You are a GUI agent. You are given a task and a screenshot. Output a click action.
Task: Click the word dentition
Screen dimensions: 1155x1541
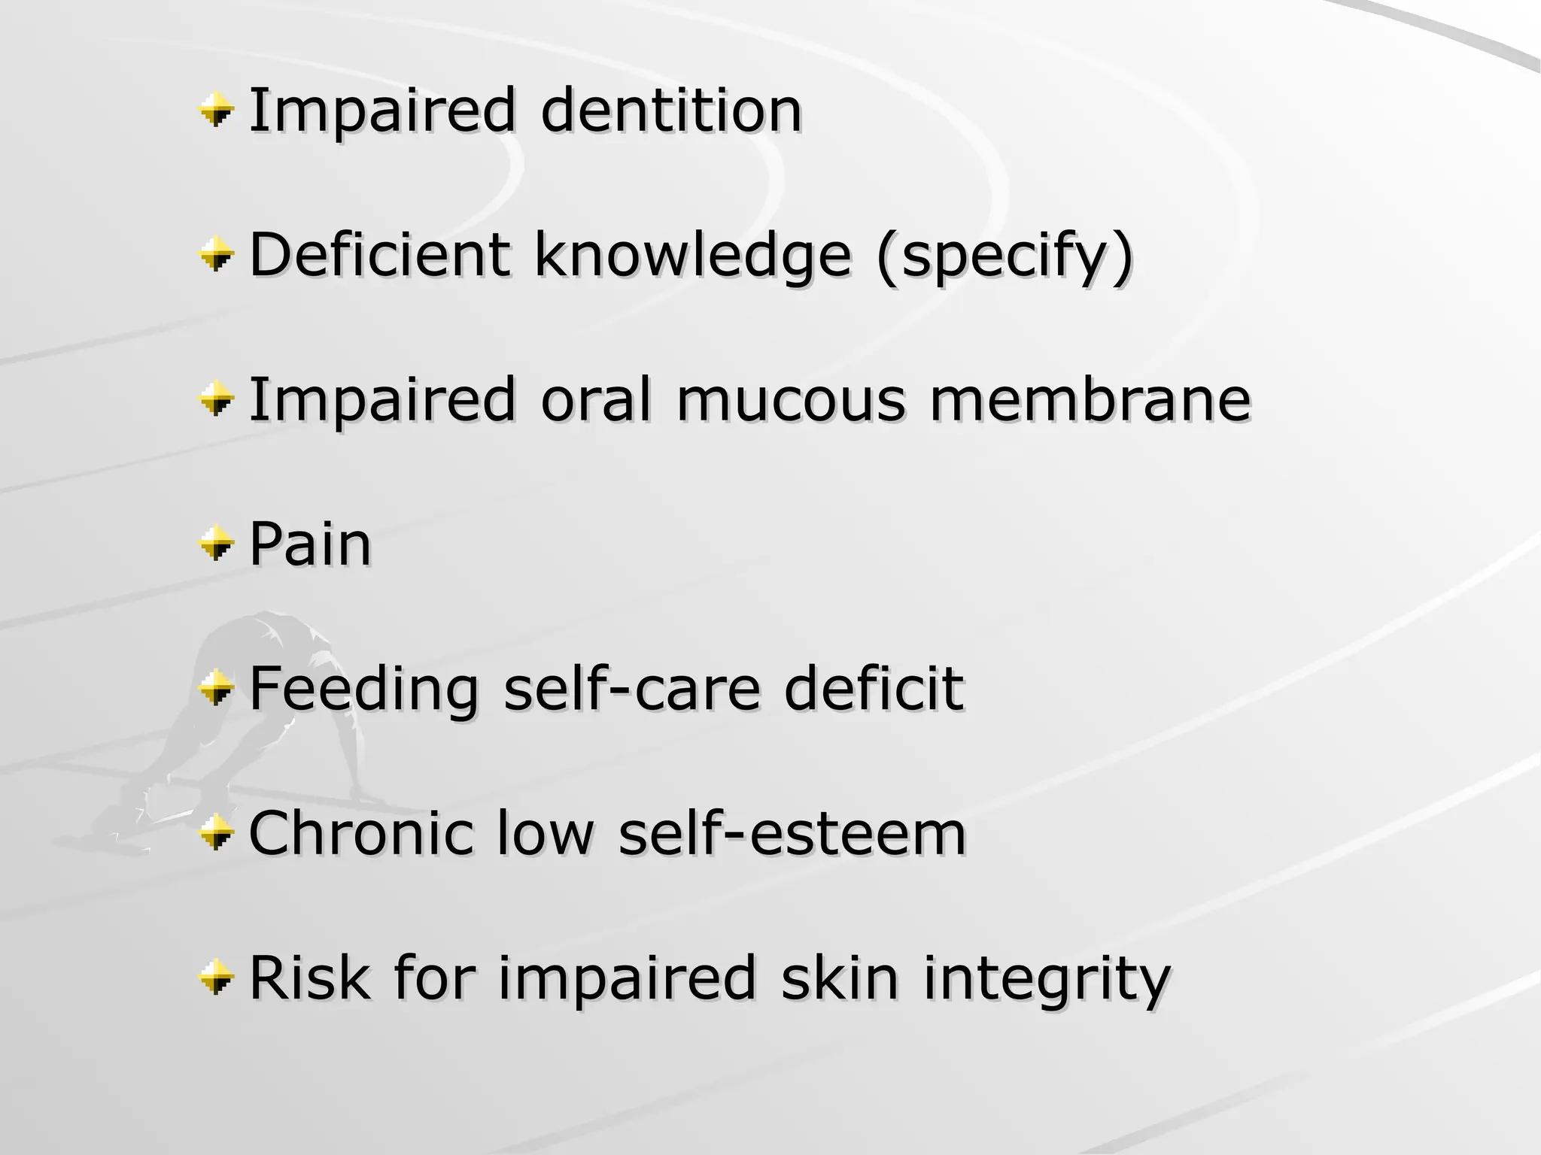coord(671,111)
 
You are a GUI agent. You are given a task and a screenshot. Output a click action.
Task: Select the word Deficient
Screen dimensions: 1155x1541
coord(379,254)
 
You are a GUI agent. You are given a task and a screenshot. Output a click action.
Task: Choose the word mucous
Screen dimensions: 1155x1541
coord(791,399)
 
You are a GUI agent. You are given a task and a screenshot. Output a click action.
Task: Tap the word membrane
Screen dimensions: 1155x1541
coord(1090,399)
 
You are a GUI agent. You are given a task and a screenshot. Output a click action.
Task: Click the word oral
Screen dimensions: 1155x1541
coord(596,399)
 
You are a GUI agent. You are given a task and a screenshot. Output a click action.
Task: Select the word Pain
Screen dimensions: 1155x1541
coord(310,544)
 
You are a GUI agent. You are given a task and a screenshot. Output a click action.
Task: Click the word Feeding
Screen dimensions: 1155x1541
coord(363,689)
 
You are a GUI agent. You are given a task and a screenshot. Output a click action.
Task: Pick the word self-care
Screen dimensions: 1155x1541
coord(631,689)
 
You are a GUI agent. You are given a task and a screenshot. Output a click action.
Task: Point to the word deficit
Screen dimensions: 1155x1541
coord(873,689)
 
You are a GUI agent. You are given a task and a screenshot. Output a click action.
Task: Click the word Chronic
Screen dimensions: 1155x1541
coord(360,834)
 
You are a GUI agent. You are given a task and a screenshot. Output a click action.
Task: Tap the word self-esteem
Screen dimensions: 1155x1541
coord(792,834)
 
